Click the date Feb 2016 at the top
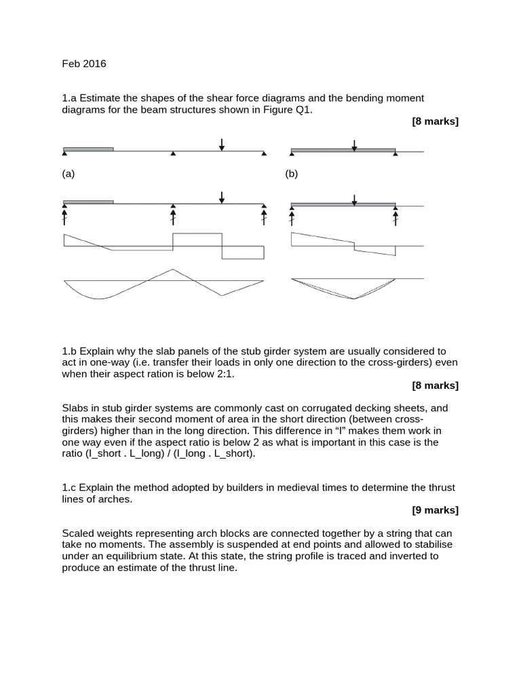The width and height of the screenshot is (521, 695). click(x=84, y=64)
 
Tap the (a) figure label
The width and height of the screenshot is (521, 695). click(x=69, y=174)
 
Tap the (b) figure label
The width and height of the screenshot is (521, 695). click(x=292, y=174)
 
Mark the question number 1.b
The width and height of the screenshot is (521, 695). click(x=70, y=351)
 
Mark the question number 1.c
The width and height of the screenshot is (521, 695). click(x=70, y=487)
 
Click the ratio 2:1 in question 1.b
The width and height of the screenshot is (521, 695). click(x=223, y=374)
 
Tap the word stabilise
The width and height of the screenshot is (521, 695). click(x=432, y=544)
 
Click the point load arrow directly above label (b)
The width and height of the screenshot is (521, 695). click(x=353, y=144)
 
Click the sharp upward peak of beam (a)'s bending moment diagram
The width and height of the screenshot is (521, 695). click(x=173, y=269)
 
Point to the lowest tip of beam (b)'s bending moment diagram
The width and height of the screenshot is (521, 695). click(x=353, y=299)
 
